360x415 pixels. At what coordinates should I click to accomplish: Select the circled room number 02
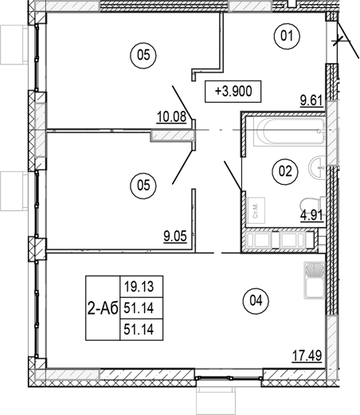pyautogui.click(x=281, y=169)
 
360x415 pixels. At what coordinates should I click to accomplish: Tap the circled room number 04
pyautogui.click(x=255, y=300)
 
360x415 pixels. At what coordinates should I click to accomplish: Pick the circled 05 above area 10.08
pyautogui.click(x=143, y=55)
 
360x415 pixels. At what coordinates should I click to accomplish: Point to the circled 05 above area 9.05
pyautogui.click(x=143, y=186)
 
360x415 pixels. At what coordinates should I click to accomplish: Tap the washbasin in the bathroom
pyautogui.click(x=319, y=167)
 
